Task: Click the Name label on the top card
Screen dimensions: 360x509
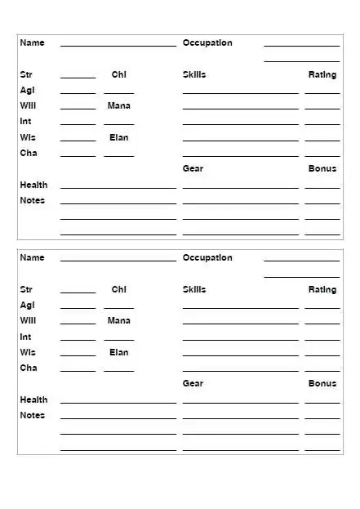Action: pyautogui.click(x=32, y=42)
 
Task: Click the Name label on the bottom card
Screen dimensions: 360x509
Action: pyautogui.click(x=32, y=257)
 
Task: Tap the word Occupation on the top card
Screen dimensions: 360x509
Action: pyautogui.click(x=207, y=42)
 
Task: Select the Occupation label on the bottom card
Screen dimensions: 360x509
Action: pyautogui.click(x=207, y=257)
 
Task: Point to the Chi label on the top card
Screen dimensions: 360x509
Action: pyautogui.click(x=119, y=74)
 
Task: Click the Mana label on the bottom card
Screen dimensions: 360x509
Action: pyautogui.click(x=119, y=320)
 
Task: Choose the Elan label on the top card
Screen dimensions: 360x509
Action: pyautogui.click(x=119, y=137)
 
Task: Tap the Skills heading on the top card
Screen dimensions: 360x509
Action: pyautogui.click(x=194, y=74)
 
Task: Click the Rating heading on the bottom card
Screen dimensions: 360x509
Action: pyautogui.click(x=322, y=289)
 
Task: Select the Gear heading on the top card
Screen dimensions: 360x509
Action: pyautogui.click(x=193, y=168)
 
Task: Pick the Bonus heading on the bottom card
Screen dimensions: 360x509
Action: pyautogui.click(x=322, y=383)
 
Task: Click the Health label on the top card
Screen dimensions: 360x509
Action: pyautogui.click(x=33, y=185)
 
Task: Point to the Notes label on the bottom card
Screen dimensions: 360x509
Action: pyautogui.click(x=33, y=415)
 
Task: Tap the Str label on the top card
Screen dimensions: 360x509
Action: pyautogui.click(x=26, y=74)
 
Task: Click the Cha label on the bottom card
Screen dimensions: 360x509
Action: pyautogui.click(x=28, y=368)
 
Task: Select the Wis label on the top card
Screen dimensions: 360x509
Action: pyautogui.click(x=28, y=137)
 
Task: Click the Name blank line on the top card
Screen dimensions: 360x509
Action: pyautogui.click(x=118, y=45)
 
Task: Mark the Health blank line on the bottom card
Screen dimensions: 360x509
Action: pyautogui.click(x=118, y=402)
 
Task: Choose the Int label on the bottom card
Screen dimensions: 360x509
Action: pyautogui.click(x=25, y=336)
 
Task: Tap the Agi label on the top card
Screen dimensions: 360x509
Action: pyautogui.click(x=27, y=90)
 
